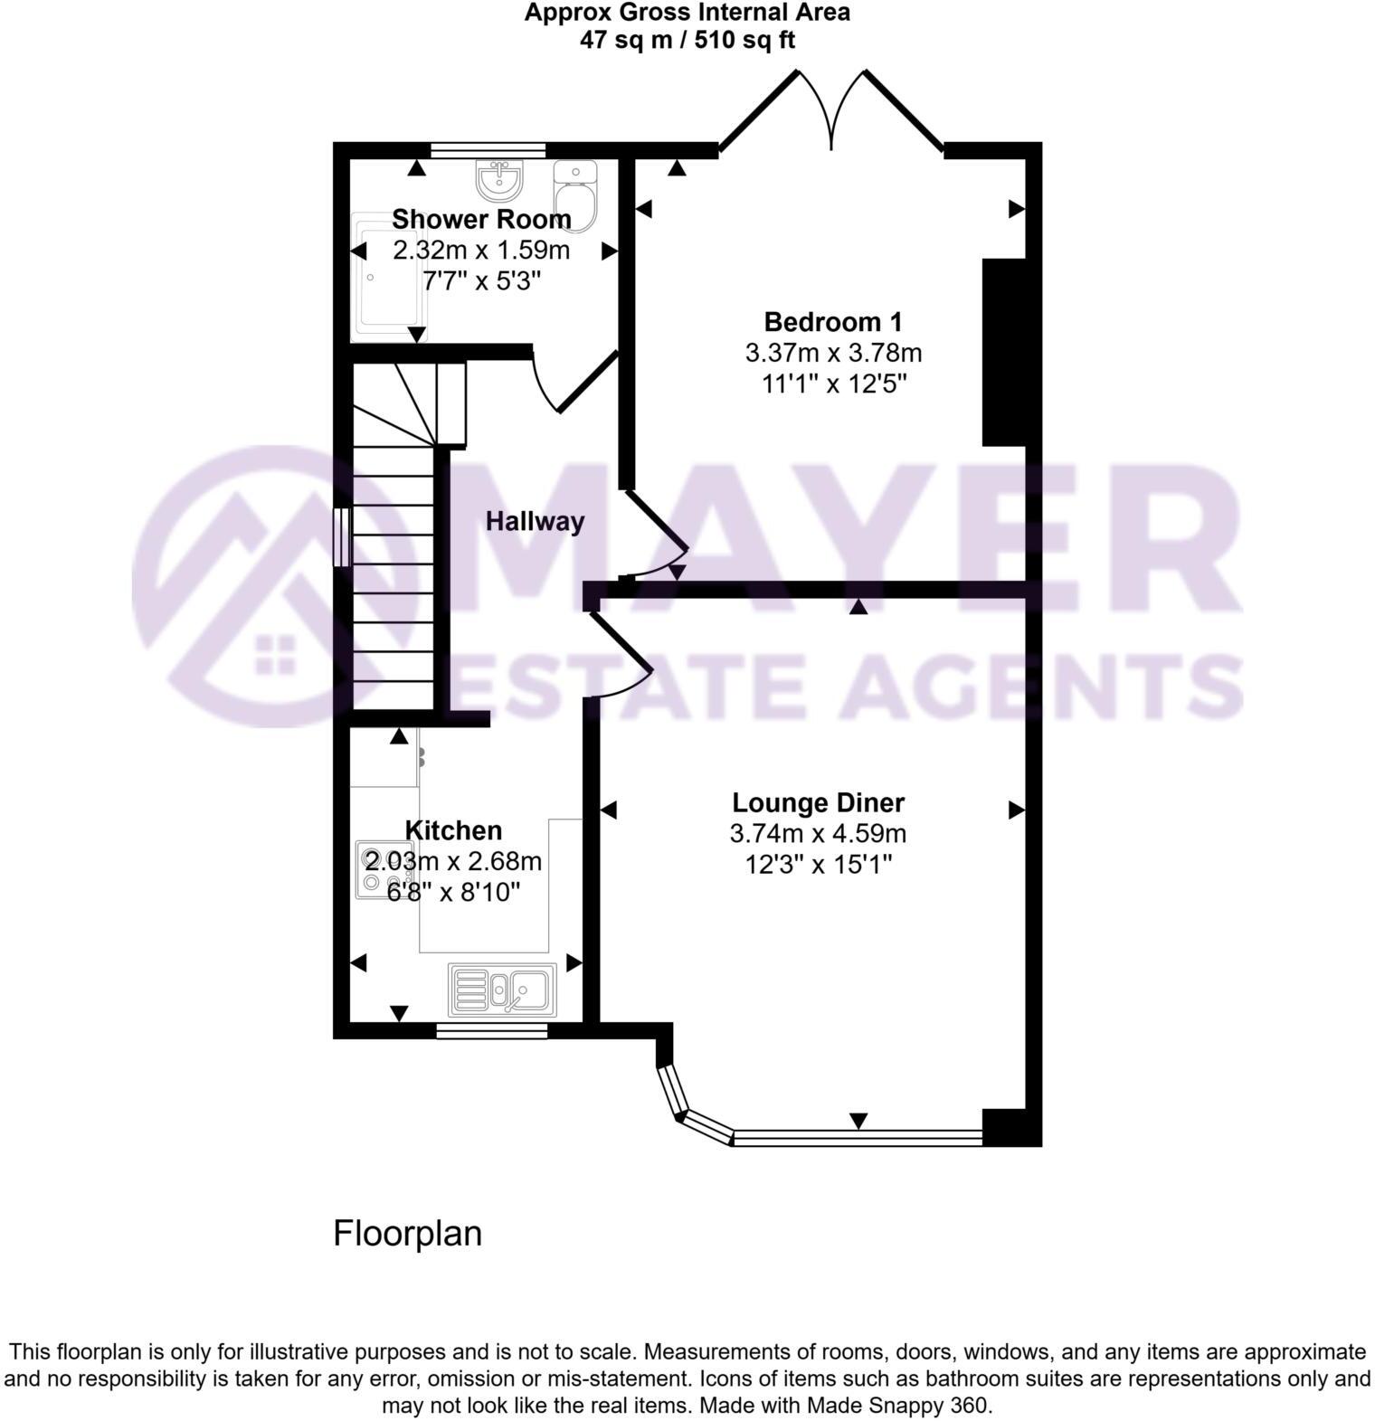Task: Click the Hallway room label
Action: pyautogui.click(x=535, y=521)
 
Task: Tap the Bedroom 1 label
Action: pyautogui.click(x=833, y=322)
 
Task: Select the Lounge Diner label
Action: pyautogui.click(x=818, y=803)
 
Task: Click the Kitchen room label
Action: pyautogui.click(x=452, y=830)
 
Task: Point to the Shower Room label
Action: pyautogui.click(x=481, y=219)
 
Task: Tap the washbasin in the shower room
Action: pyautogui.click(x=499, y=180)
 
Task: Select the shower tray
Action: pyautogui.click(x=387, y=276)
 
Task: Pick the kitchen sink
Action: pyautogui.click(x=502, y=989)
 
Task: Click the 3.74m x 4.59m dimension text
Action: pyautogui.click(x=818, y=833)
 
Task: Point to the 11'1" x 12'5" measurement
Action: pyautogui.click(x=833, y=384)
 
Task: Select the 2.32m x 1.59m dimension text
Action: pyautogui.click(x=481, y=250)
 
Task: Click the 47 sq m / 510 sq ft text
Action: pyautogui.click(x=687, y=40)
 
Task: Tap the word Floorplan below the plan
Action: pyautogui.click(x=407, y=1233)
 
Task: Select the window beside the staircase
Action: pyautogui.click(x=342, y=537)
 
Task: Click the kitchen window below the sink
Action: pyautogui.click(x=491, y=1030)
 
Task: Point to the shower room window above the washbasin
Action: pyautogui.click(x=488, y=150)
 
